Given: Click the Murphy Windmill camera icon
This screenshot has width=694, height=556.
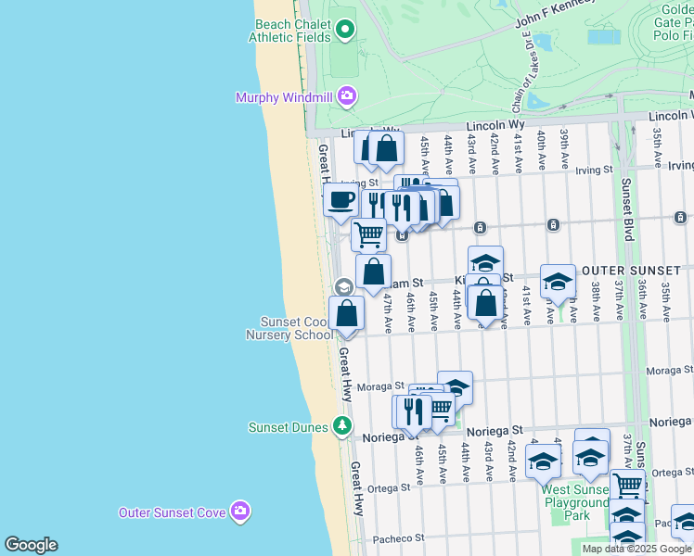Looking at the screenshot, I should coord(347,95).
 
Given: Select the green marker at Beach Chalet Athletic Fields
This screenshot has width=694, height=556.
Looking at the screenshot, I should coord(345,31).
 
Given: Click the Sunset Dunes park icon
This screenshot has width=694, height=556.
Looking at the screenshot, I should coord(343,426).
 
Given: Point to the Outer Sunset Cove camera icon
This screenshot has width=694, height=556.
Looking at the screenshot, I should coord(240,511).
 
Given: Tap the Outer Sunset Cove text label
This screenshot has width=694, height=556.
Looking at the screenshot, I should coord(173,512).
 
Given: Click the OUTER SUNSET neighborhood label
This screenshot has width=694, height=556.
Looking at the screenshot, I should coord(632,271).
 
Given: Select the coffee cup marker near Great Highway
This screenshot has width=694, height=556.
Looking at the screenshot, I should coord(341,198).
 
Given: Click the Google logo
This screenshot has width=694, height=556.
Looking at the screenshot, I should coord(31,545).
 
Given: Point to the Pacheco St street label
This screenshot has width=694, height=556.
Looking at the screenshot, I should coord(398,537).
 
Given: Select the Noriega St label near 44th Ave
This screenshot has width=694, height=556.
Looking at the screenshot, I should coord(495,431).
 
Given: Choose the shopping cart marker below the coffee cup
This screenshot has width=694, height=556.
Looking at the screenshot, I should coord(368,234).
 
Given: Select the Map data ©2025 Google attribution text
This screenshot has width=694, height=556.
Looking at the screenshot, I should coord(636,549).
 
